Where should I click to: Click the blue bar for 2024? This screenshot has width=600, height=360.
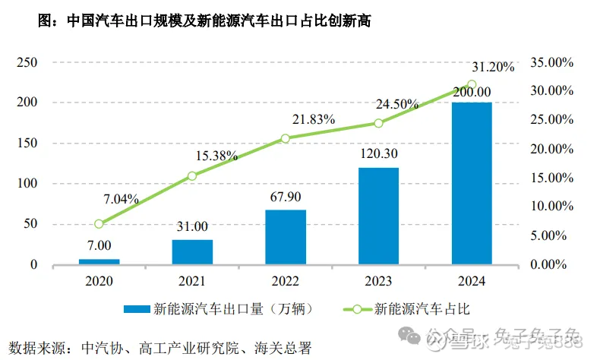tap(472, 183)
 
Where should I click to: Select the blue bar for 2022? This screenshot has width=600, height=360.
tap(286, 237)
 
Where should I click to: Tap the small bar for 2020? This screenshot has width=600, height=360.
tap(99, 261)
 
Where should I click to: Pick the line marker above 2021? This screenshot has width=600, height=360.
tap(192, 176)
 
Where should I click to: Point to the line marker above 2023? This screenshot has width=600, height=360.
tap(378, 123)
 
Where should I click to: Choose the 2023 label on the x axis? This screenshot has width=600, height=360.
tap(378, 281)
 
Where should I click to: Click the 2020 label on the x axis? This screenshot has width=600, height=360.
tap(99, 281)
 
